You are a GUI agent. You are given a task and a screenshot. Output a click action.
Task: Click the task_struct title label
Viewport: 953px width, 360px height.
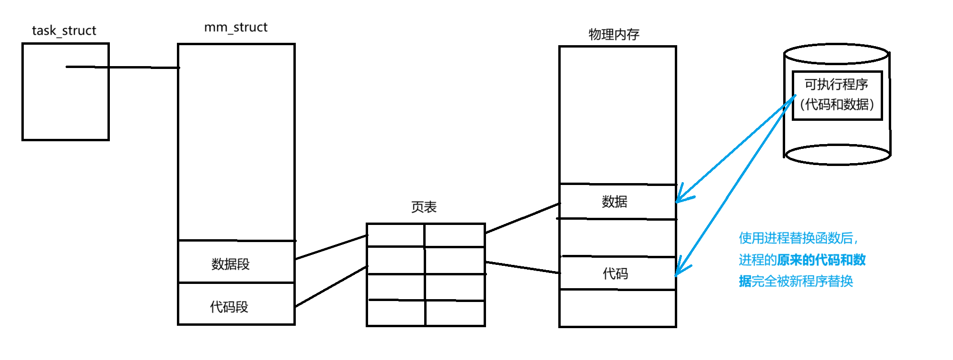pyautogui.click(x=64, y=31)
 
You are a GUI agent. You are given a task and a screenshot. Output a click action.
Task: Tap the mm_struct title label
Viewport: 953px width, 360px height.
pyautogui.click(x=235, y=28)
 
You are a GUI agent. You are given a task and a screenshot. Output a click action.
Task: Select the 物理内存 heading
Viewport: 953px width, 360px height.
pyautogui.click(x=613, y=34)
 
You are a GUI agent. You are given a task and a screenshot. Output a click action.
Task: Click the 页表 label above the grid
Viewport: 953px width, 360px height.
pyautogui.click(x=423, y=207)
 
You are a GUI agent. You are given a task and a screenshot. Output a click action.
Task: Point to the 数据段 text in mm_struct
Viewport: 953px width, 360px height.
pyautogui.click(x=230, y=264)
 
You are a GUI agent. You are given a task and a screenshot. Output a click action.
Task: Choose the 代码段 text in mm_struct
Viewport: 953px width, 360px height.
pyautogui.click(x=229, y=307)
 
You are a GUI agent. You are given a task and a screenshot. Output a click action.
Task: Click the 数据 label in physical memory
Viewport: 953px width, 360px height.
pyautogui.click(x=614, y=202)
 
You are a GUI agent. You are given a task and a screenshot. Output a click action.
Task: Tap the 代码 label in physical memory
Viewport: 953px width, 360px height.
pyautogui.click(x=615, y=273)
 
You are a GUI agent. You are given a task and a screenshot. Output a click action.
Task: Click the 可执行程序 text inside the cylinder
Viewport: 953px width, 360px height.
pyautogui.click(x=836, y=85)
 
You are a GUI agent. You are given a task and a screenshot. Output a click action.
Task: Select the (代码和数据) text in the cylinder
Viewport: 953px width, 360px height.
pyautogui.click(x=837, y=104)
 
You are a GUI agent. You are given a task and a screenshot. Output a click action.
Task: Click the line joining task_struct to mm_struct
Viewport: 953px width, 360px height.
pyautogui.click(x=123, y=67)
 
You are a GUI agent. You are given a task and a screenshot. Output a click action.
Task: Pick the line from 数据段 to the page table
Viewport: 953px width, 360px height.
pyautogui.click(x=331, y=247)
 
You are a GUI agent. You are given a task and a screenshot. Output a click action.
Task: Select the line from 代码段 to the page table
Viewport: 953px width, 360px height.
pyautogui.click(x=331, y=286)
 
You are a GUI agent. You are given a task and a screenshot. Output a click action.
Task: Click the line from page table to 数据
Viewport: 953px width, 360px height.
pyautogui.click(x=522, y=218)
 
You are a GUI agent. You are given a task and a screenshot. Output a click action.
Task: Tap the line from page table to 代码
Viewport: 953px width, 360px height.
pyautogui.click(x=522, y=267)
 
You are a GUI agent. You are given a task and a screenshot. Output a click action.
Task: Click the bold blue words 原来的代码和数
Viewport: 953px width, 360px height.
pyautogui.click(x=821, y=260)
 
